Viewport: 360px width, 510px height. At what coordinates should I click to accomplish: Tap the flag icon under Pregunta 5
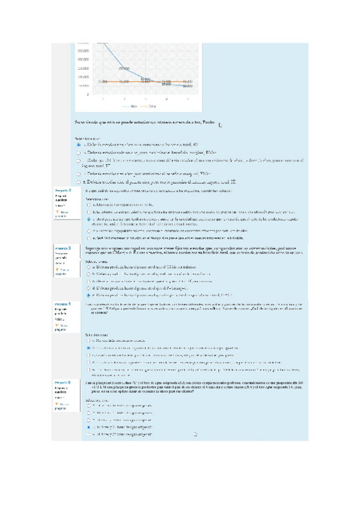coord(56,404)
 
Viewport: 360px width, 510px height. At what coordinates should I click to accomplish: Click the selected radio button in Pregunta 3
coord(89,295)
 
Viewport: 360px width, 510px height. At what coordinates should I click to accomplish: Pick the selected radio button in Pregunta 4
coord(89,348)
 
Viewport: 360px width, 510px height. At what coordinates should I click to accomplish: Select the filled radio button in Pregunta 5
coord(89,426)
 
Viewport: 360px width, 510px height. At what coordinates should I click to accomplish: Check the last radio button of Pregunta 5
coord(89,434)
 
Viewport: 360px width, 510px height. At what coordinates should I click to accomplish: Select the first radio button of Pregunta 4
coord(89,340)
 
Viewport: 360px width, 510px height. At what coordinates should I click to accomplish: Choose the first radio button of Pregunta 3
coord(89,266)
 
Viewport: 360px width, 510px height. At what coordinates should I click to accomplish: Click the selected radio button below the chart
coord(79,145)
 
